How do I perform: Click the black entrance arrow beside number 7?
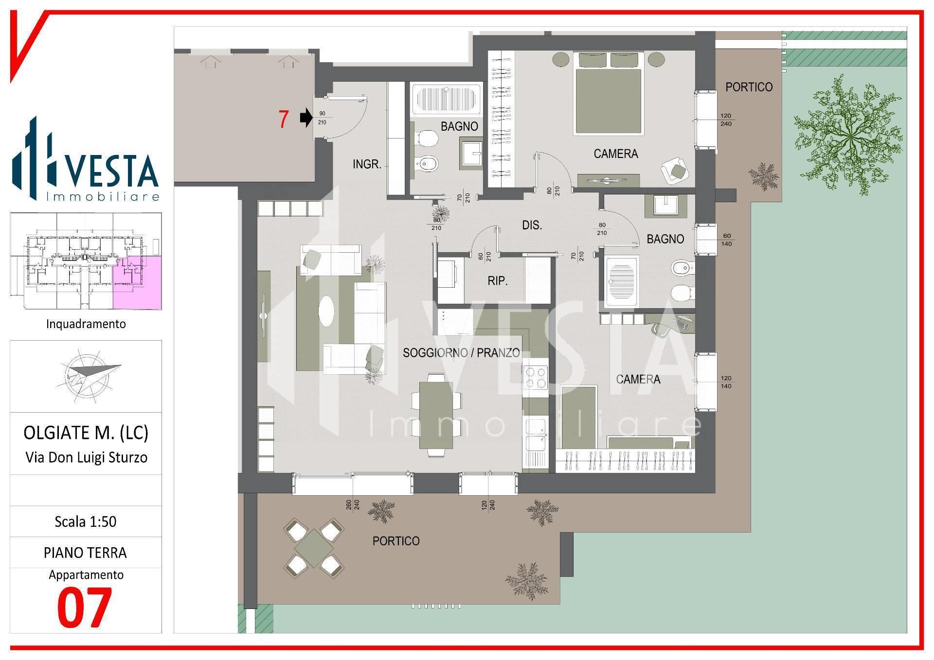[306, 118]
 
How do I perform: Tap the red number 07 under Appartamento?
[85, 607]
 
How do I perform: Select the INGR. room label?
[367, 165]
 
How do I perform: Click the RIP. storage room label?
[498, 281]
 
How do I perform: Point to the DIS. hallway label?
[532, 226]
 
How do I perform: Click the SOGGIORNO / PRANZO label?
[461, 353]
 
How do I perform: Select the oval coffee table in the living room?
[327, 311]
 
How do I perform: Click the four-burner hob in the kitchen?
[535, 378]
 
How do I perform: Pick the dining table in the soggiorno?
[435, 415]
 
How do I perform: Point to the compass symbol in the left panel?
[92, 376]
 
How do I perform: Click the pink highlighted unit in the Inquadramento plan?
[137, 283]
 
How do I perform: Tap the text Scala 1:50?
[86, 522]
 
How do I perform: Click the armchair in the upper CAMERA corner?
[675, 170]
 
